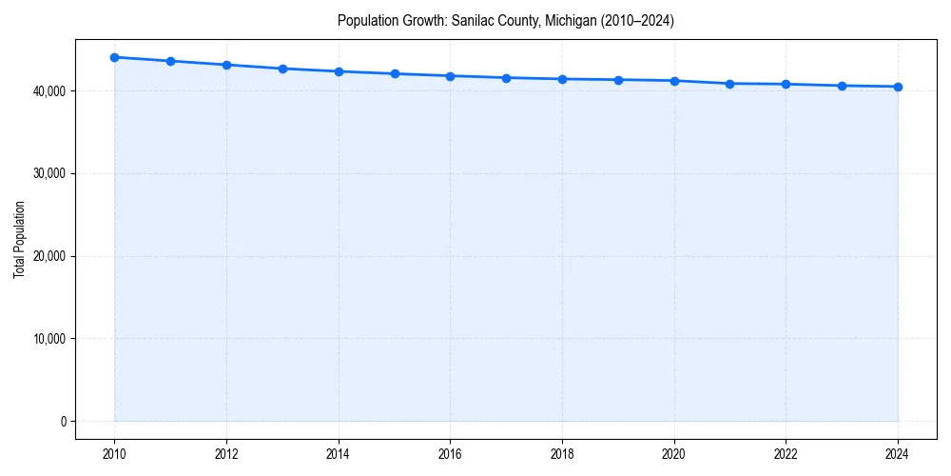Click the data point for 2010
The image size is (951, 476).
114,57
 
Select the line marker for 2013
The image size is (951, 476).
282,69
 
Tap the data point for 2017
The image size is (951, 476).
506,78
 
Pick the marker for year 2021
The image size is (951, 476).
730,84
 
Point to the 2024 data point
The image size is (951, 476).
898,87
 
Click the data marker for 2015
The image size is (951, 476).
395,73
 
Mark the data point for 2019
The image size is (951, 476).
618,80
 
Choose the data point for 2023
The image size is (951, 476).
842,86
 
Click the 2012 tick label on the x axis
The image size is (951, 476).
226,454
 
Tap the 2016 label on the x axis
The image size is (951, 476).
451,454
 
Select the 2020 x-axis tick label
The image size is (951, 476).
674,454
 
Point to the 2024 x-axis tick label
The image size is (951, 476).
898,454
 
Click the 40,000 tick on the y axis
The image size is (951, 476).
48,91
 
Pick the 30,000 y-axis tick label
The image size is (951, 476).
48,173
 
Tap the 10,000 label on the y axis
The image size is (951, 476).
48,339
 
